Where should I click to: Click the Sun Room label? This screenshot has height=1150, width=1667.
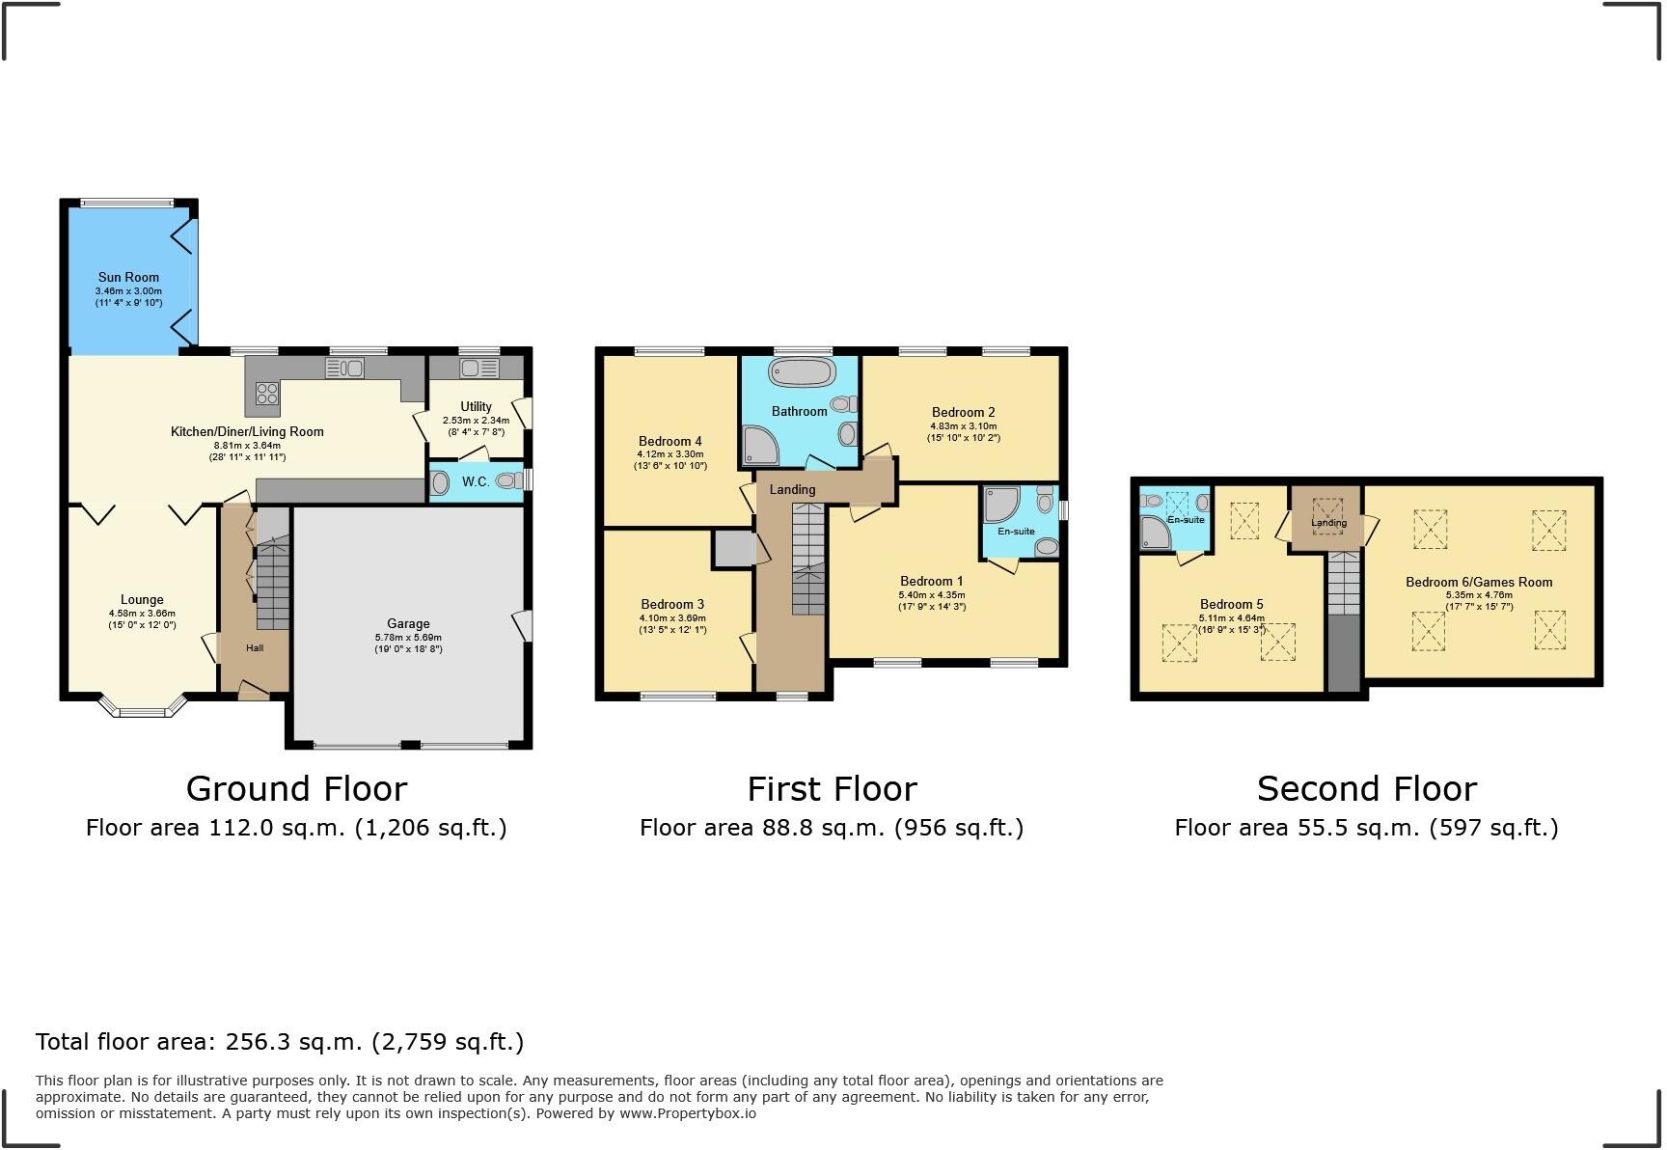pos(128,277)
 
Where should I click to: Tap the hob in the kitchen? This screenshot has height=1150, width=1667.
pos(267,393)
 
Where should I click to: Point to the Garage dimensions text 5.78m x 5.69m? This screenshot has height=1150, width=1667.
pos(408,638)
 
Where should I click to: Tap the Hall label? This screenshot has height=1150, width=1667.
pos(255,647)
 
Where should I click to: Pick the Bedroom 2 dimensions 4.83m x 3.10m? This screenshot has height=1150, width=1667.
pos(963,426)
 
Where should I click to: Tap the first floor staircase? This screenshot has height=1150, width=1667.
pos(808,560)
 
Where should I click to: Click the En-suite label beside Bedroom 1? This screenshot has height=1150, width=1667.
pos(1016,532)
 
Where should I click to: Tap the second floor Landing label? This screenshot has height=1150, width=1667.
pos(1328,523)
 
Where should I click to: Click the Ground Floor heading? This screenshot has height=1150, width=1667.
pos(296,788)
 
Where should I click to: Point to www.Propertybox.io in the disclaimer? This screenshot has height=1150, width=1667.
pos(688,1113)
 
